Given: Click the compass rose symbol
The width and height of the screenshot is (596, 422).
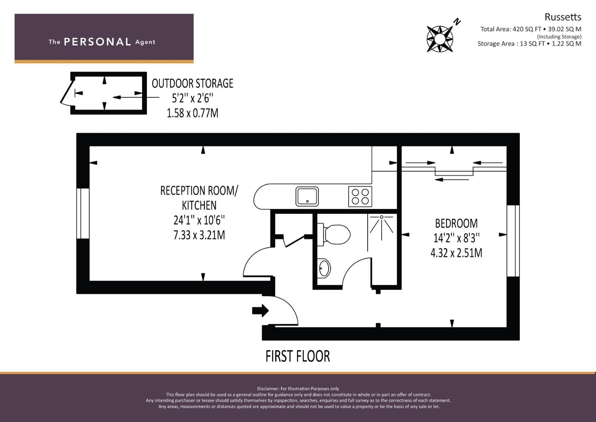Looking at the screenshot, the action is (x=440, y=39).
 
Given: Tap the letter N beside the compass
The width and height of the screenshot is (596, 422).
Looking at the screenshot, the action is (x=457, y=21).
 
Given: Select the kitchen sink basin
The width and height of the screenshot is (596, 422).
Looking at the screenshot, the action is (x=307, y=197).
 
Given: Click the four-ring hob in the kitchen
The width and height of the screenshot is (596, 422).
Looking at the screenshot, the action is (x=360, y=197).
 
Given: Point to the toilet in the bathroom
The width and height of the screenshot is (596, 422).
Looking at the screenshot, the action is (x=334, y=234).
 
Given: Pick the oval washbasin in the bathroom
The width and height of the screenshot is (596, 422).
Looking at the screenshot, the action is (x=324, y=268).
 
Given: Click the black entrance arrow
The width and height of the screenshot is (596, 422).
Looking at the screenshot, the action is (x=260, y=310).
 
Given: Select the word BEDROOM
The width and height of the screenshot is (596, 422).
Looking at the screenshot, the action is (x=456, y=224).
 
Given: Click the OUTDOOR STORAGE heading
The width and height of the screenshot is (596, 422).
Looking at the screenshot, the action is (x=192, y=83).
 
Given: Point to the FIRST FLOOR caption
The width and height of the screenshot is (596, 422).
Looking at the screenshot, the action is (x=298, y=356).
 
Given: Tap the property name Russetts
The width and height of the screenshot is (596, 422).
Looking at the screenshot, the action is (x=563, y=17).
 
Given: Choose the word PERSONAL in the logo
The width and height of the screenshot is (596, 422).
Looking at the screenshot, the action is (x=98, y=42).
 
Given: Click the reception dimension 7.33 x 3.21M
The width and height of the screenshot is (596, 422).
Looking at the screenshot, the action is (x=199, y=235).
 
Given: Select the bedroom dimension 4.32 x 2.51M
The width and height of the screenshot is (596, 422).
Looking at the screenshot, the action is (x=456, y=253).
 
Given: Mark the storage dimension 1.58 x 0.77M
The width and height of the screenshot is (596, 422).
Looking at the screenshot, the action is (x=192, y=113).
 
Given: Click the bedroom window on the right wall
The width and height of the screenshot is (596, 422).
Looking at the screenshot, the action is (x=513, y=241).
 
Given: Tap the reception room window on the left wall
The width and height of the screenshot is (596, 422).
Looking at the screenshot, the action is (x=83, y=213).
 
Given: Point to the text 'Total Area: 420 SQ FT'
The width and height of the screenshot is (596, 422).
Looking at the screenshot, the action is (x=511, y=29).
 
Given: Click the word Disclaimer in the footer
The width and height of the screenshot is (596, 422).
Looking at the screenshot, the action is (x=268, y=389).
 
